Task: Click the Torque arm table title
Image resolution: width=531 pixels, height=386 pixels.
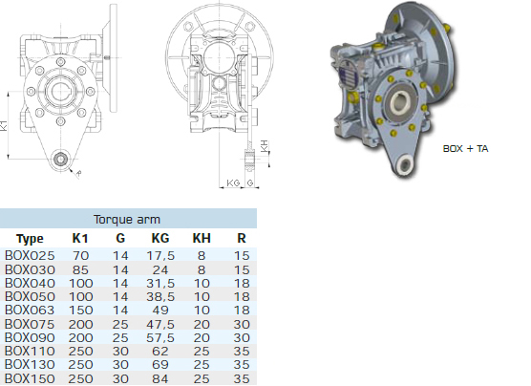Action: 127,219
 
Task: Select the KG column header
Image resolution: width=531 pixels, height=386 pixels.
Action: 160,238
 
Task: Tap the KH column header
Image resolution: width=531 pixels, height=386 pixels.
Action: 202,238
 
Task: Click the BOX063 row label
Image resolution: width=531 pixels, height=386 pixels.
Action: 30,310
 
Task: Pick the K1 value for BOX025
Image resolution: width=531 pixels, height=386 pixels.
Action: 80,255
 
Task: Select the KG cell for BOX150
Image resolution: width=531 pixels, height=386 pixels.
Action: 160,378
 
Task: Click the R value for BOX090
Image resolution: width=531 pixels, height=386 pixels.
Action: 242,337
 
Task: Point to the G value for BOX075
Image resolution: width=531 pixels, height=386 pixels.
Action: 120,324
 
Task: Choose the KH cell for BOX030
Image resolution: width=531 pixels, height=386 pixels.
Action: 202,269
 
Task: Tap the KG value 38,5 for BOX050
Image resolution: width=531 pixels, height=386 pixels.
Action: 160,296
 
